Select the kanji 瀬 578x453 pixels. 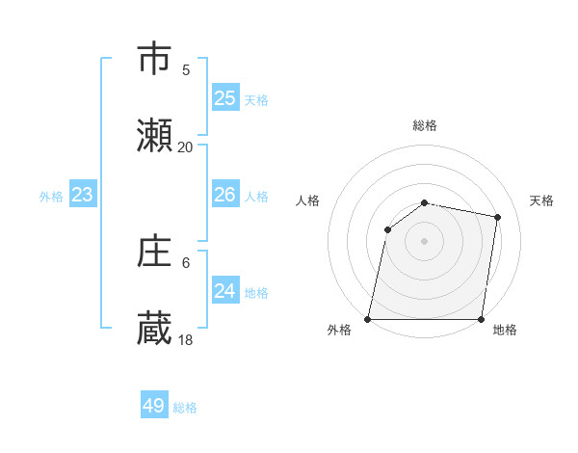click(x=156, y=136)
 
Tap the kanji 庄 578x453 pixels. click(x=156, y=252)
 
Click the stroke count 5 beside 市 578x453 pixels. click(x=186, y=69)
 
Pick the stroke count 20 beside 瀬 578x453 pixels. click(x=185, y=147)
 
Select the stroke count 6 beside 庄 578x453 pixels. click(x=186, y=262)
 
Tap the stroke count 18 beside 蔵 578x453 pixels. click(x=185, y=340)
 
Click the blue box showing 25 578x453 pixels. click(x=224, y=97)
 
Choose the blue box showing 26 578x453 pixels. click(x=224, y=195)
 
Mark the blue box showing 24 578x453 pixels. click(x=224, y=291)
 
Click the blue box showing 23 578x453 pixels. click(x=83, y=195)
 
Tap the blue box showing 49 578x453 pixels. click(x=154, y=406)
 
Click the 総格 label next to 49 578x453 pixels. click(x=185, y=408)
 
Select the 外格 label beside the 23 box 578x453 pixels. click(x=51, y=197)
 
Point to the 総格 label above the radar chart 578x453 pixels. click(x=425, y=125)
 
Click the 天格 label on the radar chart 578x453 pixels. click(x=542, y=200)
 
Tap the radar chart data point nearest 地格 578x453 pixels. click(x=481, y=319)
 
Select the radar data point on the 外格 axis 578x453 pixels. click(x=368, y=319)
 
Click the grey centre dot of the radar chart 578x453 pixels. click(x=425, y=241)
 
